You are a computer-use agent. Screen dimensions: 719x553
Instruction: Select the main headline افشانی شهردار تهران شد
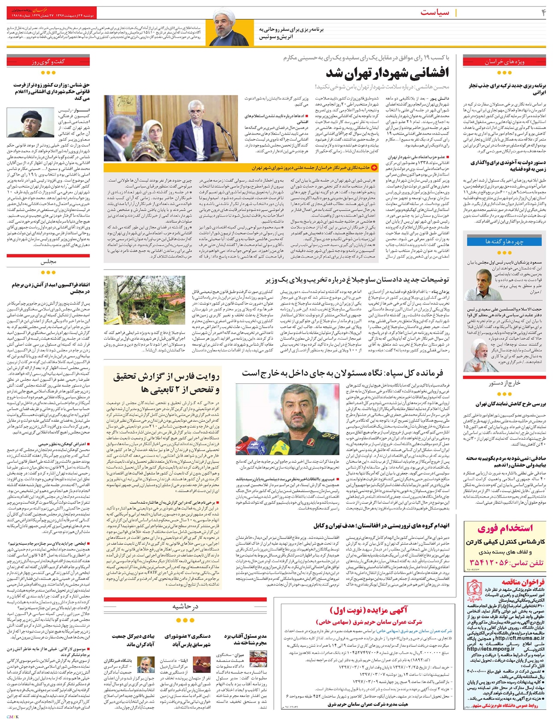388,74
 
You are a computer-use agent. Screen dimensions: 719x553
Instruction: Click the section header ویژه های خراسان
505,61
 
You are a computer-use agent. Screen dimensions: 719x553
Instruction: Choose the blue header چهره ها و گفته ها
505,242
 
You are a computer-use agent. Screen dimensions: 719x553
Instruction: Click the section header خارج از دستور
505,383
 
